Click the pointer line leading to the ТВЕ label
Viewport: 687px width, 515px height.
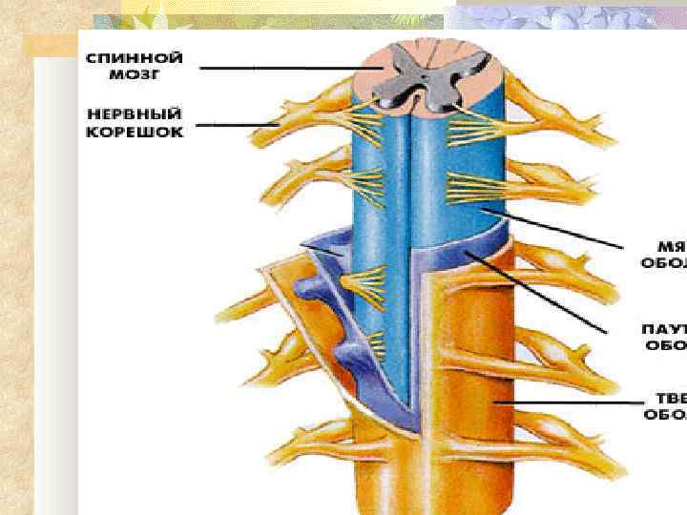(x=572, y=404)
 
